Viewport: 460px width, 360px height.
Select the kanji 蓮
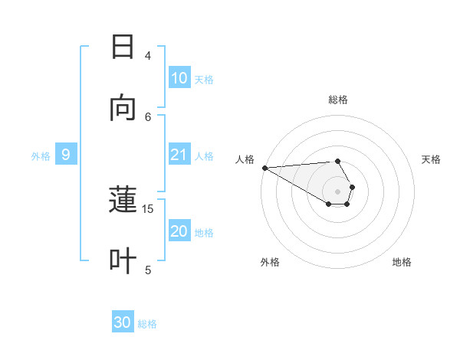[123, 201]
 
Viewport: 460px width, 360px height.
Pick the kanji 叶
[123, 261]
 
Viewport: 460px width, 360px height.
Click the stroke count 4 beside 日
[148, 55]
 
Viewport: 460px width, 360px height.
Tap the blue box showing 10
[179, 78]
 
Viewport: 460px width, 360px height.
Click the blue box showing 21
[179, 155]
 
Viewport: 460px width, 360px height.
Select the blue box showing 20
[179, 232]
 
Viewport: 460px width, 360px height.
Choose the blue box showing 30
[123, 323]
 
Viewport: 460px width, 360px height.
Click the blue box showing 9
[66, 155]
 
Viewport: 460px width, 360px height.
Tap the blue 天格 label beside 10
[204, 79]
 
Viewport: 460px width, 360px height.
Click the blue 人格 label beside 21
[204, 156]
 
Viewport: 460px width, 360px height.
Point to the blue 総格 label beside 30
[147, 324]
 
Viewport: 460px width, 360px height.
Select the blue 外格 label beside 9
[41, 156]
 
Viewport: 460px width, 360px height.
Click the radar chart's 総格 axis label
[338, 100]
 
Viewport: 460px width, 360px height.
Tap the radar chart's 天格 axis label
[432, 159]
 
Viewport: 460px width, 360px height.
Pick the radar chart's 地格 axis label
[402, 262]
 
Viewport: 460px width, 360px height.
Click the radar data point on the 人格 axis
[264, 168]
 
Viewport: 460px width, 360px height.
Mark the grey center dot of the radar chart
[338, 191]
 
